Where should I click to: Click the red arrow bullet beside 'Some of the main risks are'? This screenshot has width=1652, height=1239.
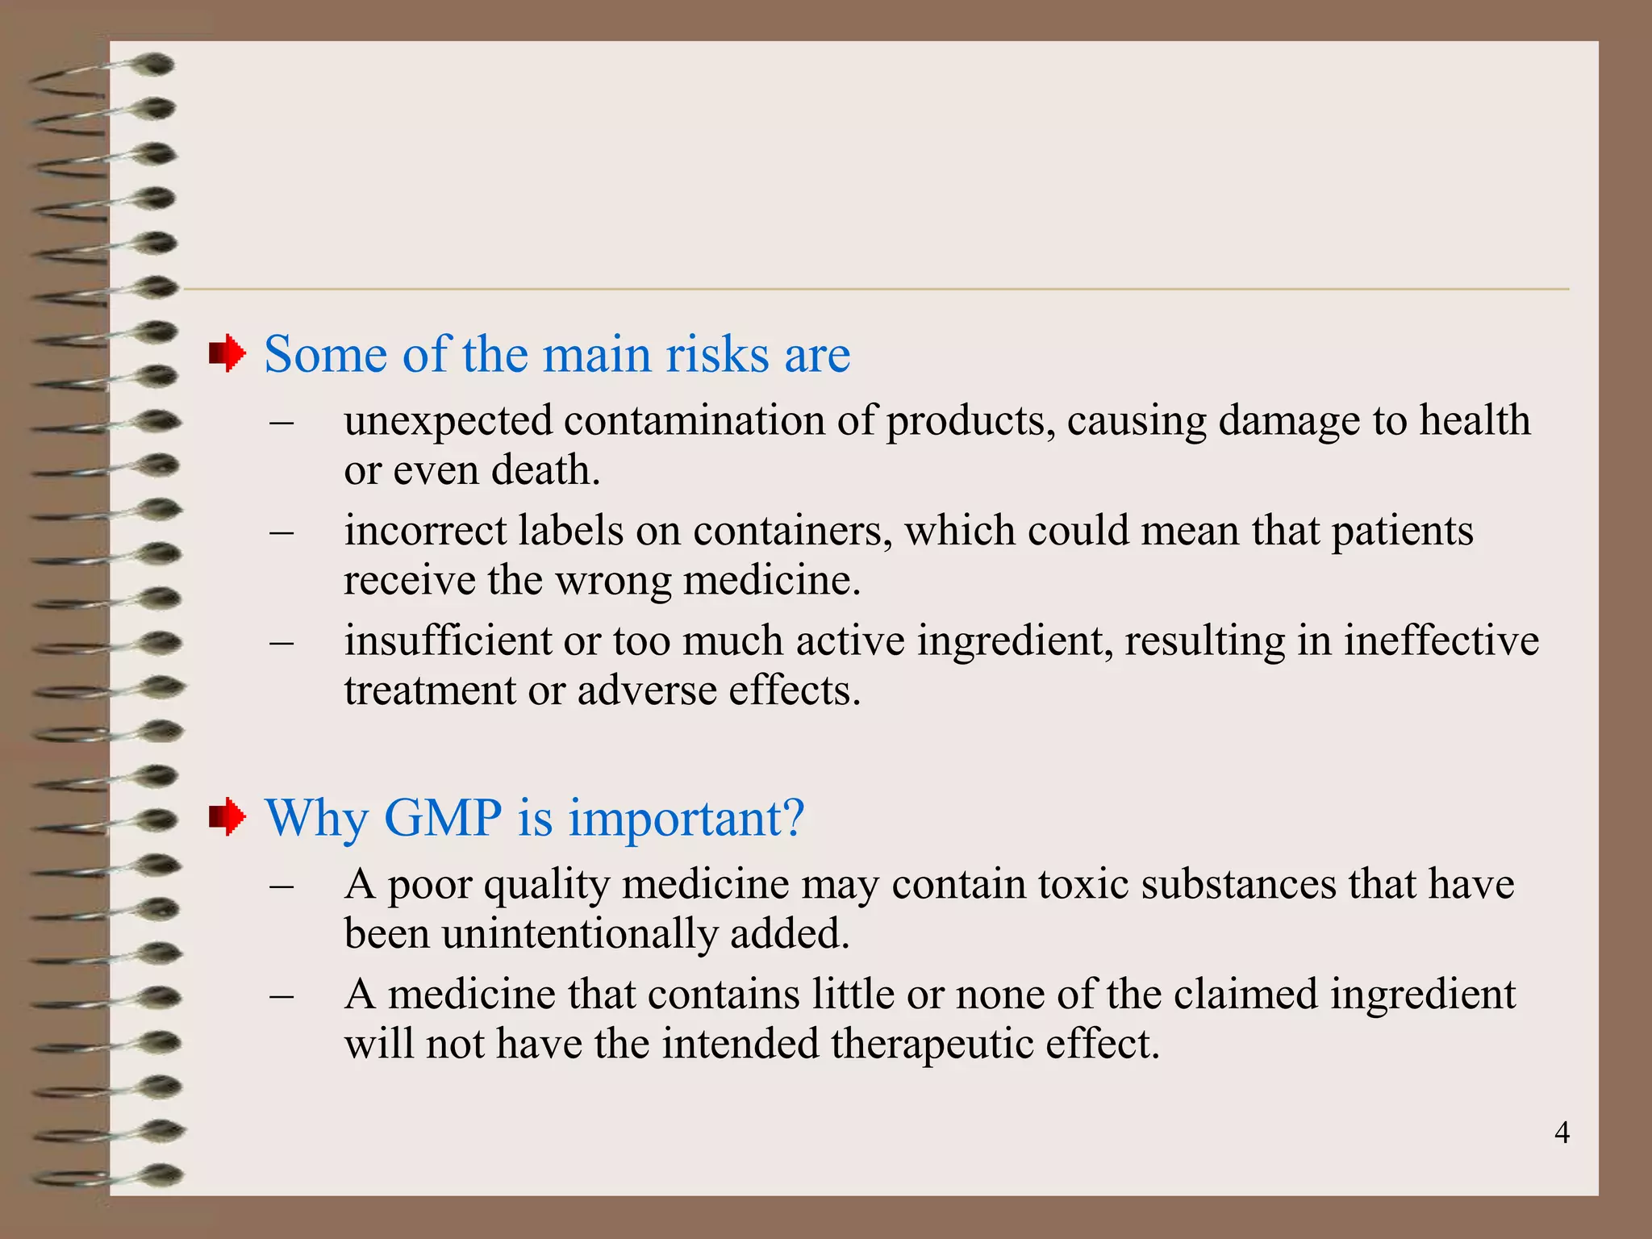coord(227,353)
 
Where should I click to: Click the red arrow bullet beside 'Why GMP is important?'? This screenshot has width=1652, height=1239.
coord(227,817)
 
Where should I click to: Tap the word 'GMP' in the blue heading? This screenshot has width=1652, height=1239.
coord(443,818)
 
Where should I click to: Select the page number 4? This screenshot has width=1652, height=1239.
coord(1562,1133)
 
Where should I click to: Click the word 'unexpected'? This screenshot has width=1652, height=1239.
coord(448,422)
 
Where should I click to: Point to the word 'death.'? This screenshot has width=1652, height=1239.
coord(546,470)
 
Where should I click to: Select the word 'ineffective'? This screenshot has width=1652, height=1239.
coord(1441,641)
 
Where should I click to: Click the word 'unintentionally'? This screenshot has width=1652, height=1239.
coord(579,934)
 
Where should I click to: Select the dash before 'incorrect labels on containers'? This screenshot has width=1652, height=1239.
coord(282,532)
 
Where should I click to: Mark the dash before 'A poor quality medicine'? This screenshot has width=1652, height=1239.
coord(282,886)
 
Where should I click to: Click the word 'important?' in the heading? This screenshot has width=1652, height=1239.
coord(686,820)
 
